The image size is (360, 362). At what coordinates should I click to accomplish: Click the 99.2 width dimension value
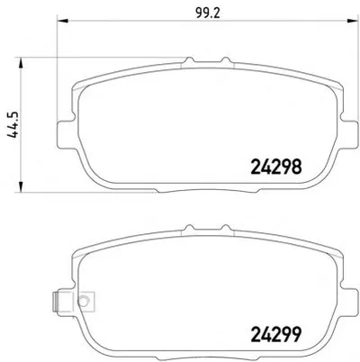[208, 14]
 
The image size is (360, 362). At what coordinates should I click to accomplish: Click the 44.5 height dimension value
[13, 125]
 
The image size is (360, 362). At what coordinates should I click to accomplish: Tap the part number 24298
[275, 167]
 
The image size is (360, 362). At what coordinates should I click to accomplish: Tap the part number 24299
[275, 335]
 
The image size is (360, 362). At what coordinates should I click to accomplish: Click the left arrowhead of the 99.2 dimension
[62, 21]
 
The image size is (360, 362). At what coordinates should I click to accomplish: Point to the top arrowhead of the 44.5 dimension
[21, 63]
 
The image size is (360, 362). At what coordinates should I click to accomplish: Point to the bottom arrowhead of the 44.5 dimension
[21, 186]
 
